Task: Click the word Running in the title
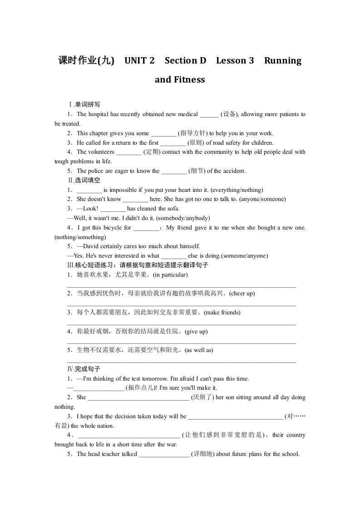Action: coord(282,61)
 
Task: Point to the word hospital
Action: coord(100,114)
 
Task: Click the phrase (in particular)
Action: coord(170,275)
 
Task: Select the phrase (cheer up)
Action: coord(242,294)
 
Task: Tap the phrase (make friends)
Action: coord(222,313)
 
